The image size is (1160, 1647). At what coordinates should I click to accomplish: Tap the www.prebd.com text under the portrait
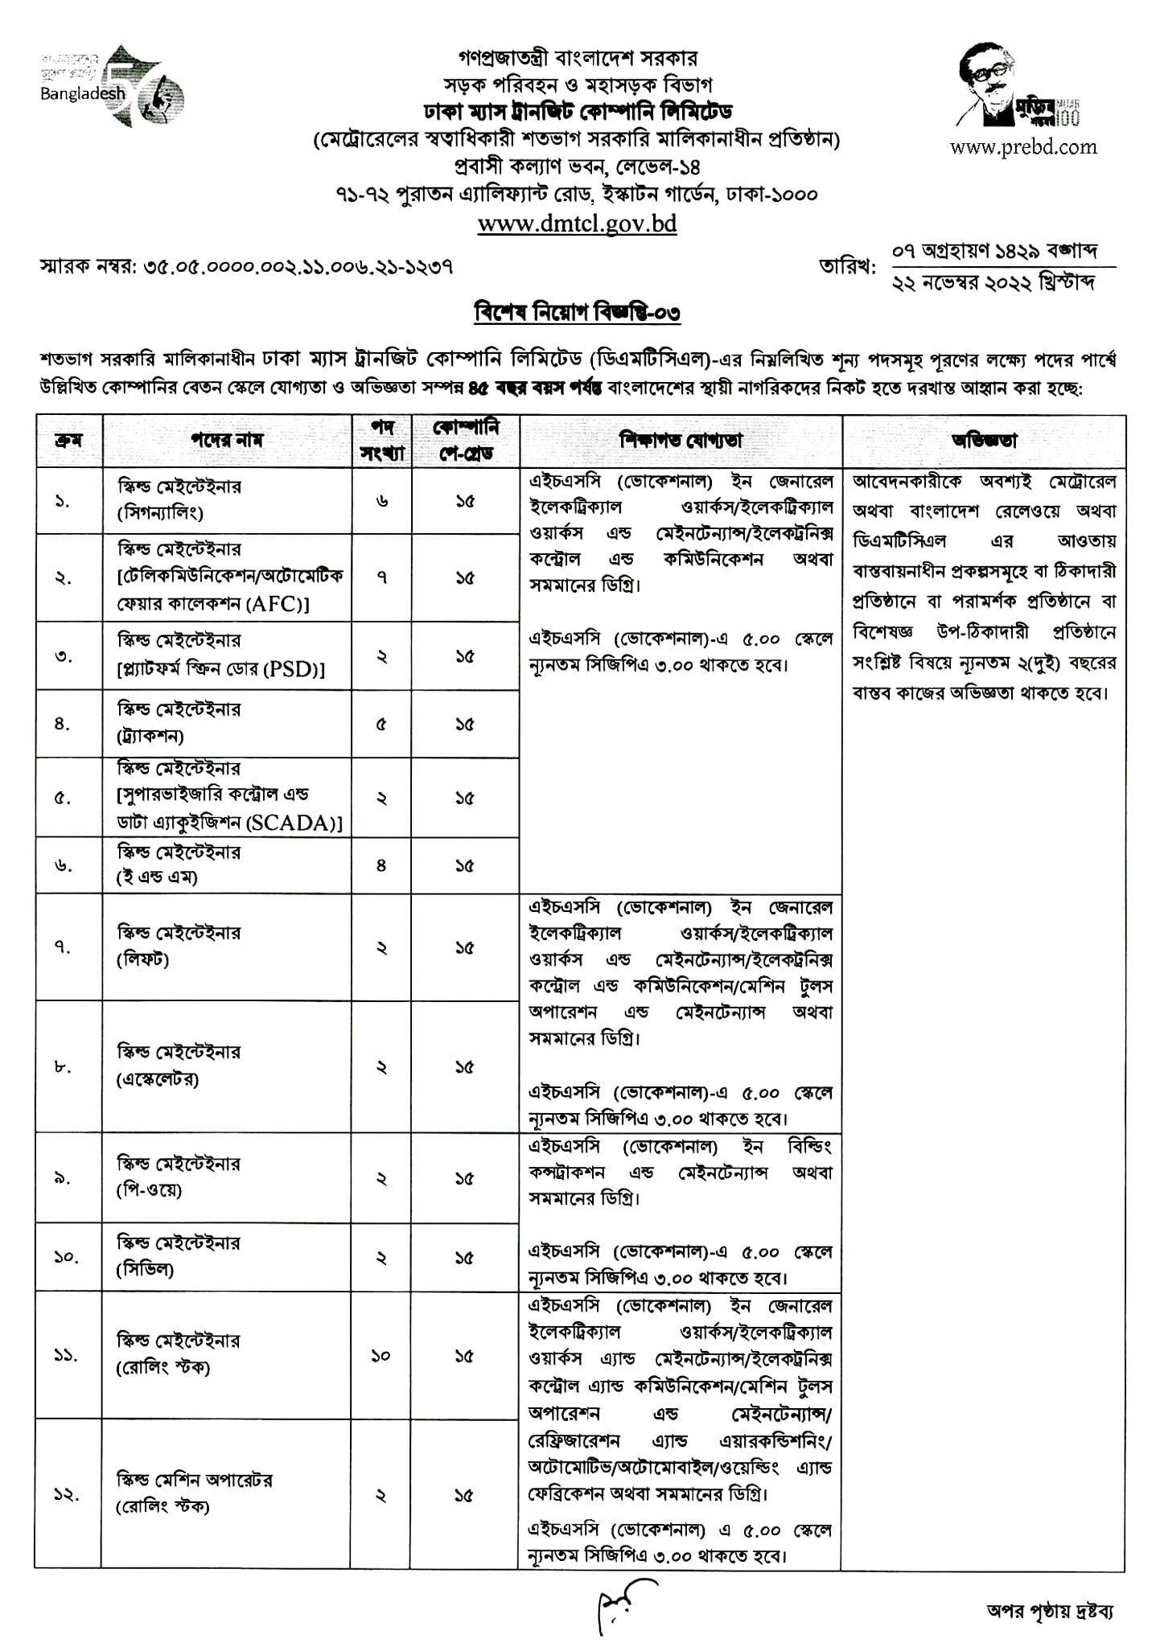[1023, 146]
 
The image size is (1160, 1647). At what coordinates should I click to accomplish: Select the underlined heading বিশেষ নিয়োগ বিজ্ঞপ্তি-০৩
[577, 312]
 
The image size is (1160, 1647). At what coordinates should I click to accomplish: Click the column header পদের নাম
[227, 441]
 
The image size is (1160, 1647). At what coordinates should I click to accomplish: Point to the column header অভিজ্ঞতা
[984, 441]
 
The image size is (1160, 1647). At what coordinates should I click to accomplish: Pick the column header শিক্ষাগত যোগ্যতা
[681, 441]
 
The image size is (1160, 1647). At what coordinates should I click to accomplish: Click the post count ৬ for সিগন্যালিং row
[381, 501]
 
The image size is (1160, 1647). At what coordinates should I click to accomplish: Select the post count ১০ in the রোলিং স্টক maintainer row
[381, 1355]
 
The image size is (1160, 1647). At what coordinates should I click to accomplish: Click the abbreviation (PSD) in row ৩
[293, 668]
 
